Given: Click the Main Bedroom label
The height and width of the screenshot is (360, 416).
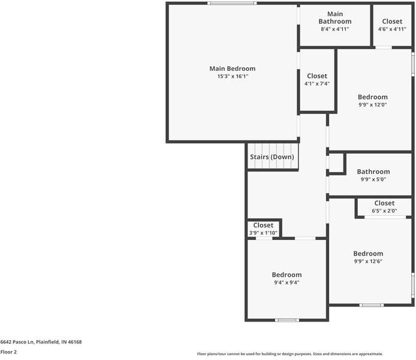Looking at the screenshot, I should pyautogui.click(x=232, y=68).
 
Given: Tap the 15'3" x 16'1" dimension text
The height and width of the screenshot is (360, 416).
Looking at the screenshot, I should pyautogui.click(x=232, y=77).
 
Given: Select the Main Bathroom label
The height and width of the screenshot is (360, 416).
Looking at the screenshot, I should pyautogui.click(x=334, y=17).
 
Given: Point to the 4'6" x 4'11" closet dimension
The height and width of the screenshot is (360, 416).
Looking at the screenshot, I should pyautogui.click(x=392, y=29).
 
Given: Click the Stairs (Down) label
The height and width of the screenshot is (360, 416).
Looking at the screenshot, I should pyautogui.click(x=272, y=157).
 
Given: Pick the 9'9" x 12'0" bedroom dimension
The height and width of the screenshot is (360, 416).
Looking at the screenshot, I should pyautogui.click(x=372, y=105).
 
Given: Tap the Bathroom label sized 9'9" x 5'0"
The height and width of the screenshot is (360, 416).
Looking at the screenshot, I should pyautogui.click(x=373, y=172).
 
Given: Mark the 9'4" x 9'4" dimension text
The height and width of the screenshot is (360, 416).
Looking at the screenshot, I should pyautogui.click(x=287, y=283).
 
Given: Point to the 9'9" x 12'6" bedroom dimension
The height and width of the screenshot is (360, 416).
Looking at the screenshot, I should pyautogui.click(x=367, y=261).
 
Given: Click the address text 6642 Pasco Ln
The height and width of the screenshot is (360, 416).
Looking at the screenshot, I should pyautogui.click(x=41, y=342).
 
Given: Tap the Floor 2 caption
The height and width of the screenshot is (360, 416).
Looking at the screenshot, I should pyautogui.click(x=8, y=352).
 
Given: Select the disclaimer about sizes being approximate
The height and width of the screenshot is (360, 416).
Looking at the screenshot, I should pyautogui.click(x=290, y=354).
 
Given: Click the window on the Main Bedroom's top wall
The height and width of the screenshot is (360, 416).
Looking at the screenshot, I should pyautogui.click(x=232, y=4).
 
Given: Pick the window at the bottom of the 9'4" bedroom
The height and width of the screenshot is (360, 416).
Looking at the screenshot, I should pyautogui.click(x=287, y=320).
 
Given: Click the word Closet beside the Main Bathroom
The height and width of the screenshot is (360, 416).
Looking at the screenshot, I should pyautogui.click(x=392, y=21).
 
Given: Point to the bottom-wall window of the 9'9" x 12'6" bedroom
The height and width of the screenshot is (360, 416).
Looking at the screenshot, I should pyautogui.click(x=371, y=305).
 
